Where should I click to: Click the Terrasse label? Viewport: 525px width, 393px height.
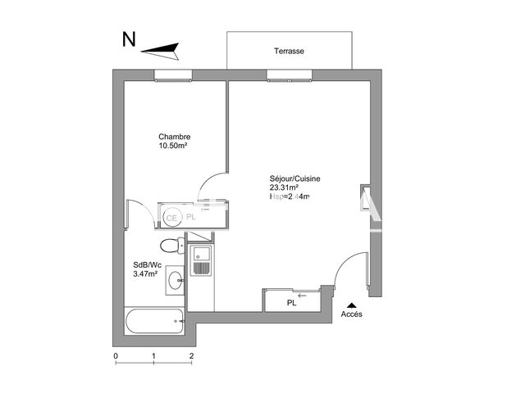290,51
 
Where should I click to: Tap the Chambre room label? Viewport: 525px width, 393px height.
174,137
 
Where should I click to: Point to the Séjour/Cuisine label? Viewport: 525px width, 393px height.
294,178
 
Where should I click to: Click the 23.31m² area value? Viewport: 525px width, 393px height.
284,187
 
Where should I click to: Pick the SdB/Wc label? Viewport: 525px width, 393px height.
146,264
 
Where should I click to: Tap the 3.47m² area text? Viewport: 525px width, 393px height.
146,273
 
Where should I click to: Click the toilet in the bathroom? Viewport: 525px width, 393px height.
171,244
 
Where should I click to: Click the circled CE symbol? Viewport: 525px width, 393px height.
172,217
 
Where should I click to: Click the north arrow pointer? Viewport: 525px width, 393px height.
160,51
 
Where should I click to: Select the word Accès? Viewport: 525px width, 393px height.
351,314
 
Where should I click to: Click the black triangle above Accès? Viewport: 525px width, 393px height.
351,304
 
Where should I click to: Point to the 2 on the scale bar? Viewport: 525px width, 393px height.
191,356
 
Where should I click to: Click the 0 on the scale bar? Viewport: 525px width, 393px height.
116,356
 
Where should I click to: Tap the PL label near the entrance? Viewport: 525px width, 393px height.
291,303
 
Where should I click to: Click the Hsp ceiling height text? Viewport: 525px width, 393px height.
289,196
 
